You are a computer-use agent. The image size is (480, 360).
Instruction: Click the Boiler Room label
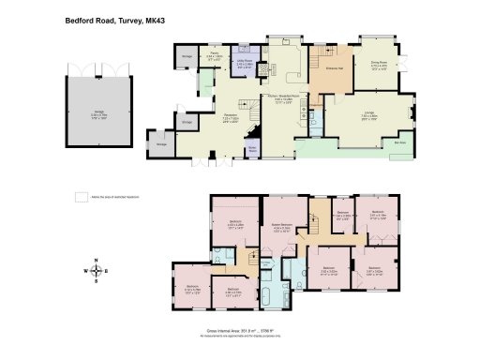[251, 148]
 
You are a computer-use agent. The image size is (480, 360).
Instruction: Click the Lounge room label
[369, 117]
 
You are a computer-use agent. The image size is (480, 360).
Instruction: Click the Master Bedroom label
[281, 226]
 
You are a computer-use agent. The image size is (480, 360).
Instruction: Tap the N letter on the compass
[95, 258]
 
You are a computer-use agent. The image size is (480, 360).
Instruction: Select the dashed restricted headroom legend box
[81, 196]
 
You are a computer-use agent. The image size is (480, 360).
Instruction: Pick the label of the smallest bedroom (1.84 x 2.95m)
[342, 214]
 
